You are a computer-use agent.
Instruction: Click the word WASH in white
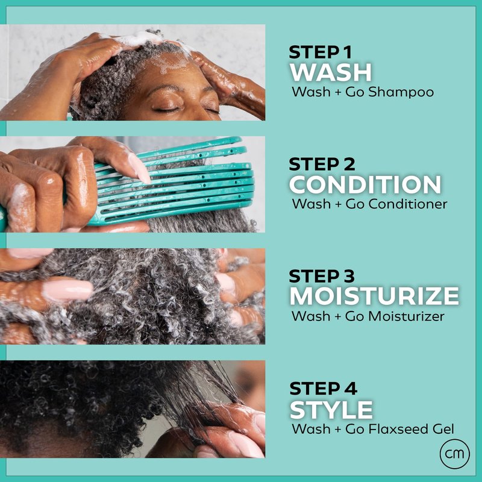pos(331,72)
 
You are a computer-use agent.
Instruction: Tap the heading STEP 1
pos(320,52)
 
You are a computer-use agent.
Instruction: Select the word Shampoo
pos(401,92)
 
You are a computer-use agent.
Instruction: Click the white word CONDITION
pos(365,184)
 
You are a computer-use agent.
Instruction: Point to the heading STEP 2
pos(322,164)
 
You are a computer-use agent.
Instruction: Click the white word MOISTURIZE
pos(374,296)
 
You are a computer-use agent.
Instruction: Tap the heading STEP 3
pos(322,276)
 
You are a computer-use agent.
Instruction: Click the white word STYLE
pos(331,410)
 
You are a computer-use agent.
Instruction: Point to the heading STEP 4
pos(323,389)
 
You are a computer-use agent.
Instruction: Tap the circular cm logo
pos(455,454)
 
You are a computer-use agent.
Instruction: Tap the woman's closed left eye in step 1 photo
pos(167,109)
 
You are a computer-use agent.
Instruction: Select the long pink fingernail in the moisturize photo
pos(67,290)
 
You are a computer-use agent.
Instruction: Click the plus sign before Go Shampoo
pos(338,92)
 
